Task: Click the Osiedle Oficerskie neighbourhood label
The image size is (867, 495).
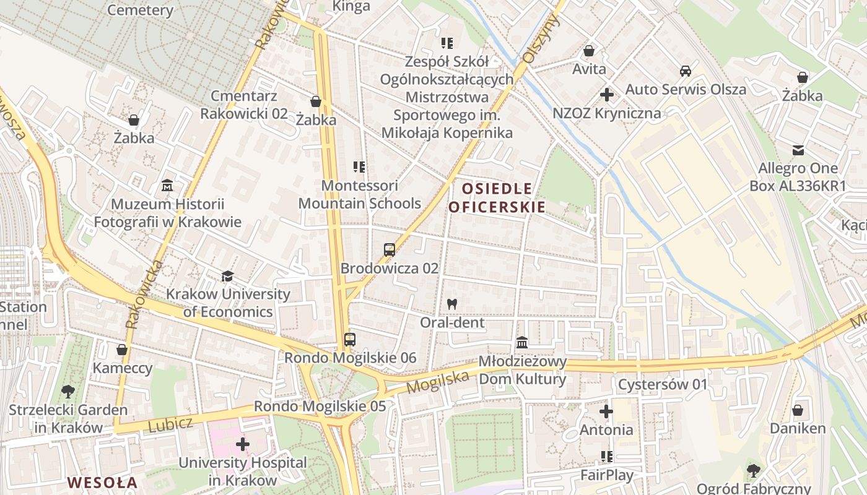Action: [497, 197]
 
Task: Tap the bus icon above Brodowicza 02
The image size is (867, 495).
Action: [389, 250]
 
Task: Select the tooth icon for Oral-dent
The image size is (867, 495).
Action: [452, 304]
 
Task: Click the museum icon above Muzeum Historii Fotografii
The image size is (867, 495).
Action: [167, 185]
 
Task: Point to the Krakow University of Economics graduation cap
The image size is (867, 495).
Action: [227, 276]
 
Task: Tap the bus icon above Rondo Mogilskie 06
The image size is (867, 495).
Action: [350, 339]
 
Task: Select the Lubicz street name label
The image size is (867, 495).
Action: [170, 425]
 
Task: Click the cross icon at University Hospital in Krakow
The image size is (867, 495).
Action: [242, 444]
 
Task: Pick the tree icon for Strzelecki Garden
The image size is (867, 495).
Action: [68, 391]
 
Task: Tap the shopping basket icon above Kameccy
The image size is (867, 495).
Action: [122, 350]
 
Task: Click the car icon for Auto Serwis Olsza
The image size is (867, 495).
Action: [685, 71]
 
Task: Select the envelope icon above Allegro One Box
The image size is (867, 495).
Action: [798, 150]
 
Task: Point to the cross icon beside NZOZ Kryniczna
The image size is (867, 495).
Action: [606, 95]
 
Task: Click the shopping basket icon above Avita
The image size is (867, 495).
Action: [589, 50]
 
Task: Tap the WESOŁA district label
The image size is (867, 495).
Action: [102, 482]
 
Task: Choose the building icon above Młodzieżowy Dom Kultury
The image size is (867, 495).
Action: [522, 342]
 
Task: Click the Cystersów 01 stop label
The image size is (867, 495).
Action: [662, 384]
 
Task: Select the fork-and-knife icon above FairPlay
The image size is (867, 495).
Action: [606, 457]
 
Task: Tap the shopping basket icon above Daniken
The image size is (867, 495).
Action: [798, 410]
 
